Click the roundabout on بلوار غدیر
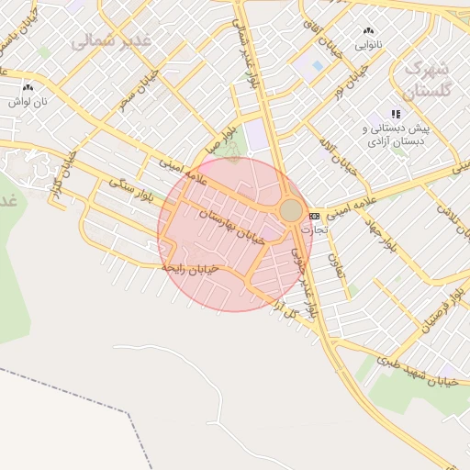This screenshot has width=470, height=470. coord(291,211)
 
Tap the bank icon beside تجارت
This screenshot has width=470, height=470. coord(314,216)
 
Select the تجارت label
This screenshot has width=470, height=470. coord(326,230)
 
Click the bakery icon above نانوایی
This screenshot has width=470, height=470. coord(369,30)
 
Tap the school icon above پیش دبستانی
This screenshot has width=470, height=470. coord(396,114)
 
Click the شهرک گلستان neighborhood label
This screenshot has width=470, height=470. coord(428,80)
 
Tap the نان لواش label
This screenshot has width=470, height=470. coord(28,101)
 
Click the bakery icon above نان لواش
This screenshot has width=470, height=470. coord(28,88)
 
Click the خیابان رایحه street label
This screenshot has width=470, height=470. coord(191,267)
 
